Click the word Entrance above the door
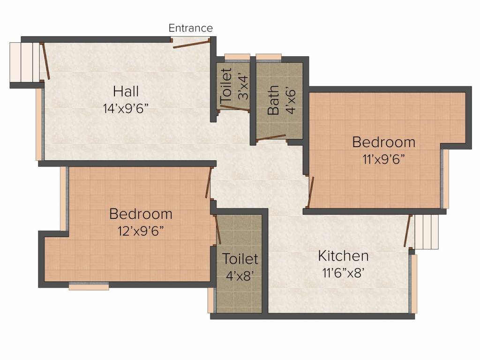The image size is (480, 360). pos(190,28)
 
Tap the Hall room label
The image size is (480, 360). pos(126,91)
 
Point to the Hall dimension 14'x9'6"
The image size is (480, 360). pos(126,108)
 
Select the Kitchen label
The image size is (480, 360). pos(343,256)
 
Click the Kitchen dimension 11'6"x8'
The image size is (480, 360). pos(343,272)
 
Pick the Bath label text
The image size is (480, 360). pos(273,100)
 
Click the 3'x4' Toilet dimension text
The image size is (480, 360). pos(243,88)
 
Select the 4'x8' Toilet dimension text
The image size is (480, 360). pos(240,276)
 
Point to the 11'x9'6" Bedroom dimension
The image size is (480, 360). pos(383,159)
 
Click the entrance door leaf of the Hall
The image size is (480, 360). pos(192,44)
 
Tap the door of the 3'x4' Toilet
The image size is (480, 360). pos(235,108)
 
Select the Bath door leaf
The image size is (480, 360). pos(271,138)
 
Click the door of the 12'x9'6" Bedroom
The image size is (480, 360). pos(209,182)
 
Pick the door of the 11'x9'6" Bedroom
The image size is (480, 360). pos(311,192)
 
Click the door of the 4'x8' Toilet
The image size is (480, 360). pos(217,229)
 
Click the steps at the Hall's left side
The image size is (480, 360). pos(25,62)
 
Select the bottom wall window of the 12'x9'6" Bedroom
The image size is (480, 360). pos(89,286)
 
